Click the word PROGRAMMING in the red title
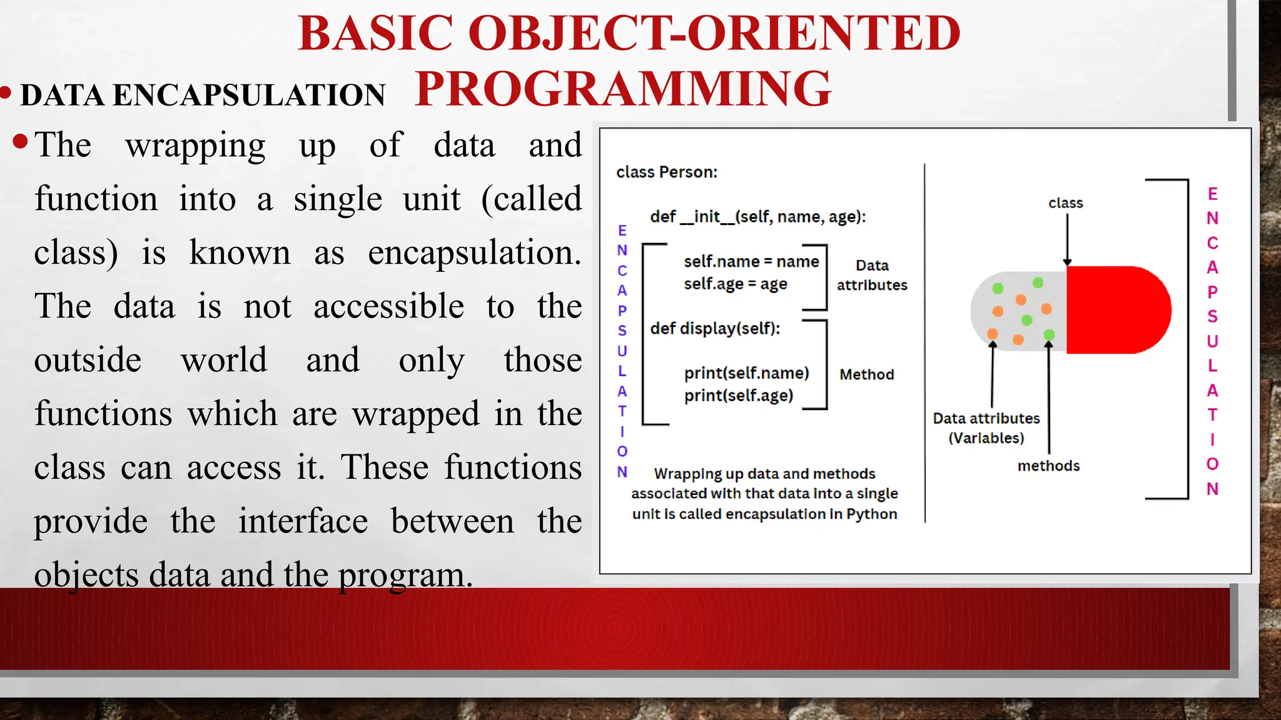pyautogui.click(x=623, y=89)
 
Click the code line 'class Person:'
pyautogui.click(x=667, y=172)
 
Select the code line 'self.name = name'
pyautogui.click(x=751, y=261)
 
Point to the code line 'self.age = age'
pyautogui.click(x=735, y=284)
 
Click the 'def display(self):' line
pyautogui.click(x=715, y=328)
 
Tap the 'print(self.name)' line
pyautogui.click(x=746, y=373)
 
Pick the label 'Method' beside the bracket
pyautogui.click(x=866, y=374)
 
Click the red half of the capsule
pyautogui.click(x=1116, y=310)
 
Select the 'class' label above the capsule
pyautogui.click(x=1066, y=203)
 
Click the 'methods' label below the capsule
pyautogui.click(x=1048, y=466)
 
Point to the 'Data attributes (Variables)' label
pyautogui.click(x=986, y=427)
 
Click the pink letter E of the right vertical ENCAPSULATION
pyautogui.click(x=1212, y=194)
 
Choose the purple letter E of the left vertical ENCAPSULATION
pyautogui.click(x=622, y=231)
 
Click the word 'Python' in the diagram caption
pyautogui.click(x=872, y=514)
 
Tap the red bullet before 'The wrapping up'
pyautogui.click(x=20, y=141)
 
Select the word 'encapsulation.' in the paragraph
pyautogui.click(x=474, y=252)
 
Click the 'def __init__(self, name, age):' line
pyautogui.click(x=757, y=217)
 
